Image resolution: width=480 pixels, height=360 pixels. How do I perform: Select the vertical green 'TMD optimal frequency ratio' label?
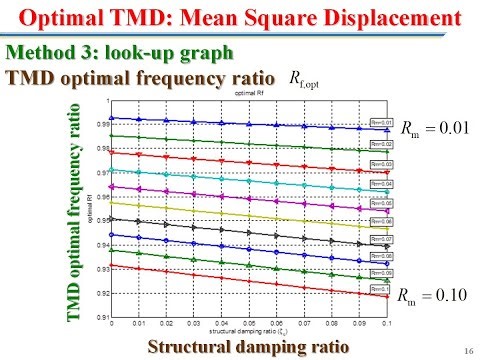point(73,211)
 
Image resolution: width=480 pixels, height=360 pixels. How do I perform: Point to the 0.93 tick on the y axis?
point(101,269)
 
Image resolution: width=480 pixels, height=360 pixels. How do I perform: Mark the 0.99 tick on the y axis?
point(101,124)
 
